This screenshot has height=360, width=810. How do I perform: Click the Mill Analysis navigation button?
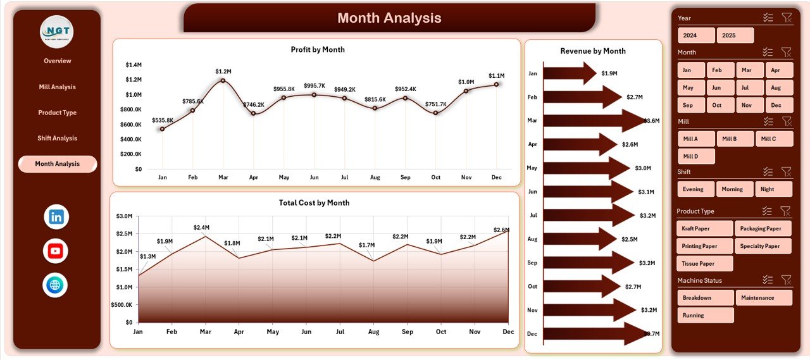57,87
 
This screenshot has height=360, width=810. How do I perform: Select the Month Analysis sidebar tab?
57,164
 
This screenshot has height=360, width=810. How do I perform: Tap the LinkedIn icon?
56,217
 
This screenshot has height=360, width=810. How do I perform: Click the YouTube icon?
56,251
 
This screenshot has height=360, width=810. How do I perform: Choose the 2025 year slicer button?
735,35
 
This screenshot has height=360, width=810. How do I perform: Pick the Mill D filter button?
696,156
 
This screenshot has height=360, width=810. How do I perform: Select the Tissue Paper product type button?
705,263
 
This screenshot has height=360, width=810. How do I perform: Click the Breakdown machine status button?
705,297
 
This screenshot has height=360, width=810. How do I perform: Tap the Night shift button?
773,189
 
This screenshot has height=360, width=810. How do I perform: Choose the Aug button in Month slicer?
779,88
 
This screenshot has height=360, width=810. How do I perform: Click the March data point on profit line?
223,80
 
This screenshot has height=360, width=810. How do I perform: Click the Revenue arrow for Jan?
568,73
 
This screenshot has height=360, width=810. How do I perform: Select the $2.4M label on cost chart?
201,227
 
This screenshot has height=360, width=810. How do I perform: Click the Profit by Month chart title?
318,49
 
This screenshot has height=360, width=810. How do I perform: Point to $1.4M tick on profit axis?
134,65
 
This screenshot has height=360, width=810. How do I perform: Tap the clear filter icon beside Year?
787,18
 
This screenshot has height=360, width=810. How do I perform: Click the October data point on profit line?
435,113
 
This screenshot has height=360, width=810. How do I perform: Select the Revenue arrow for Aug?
578,239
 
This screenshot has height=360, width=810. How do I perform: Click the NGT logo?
56,32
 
